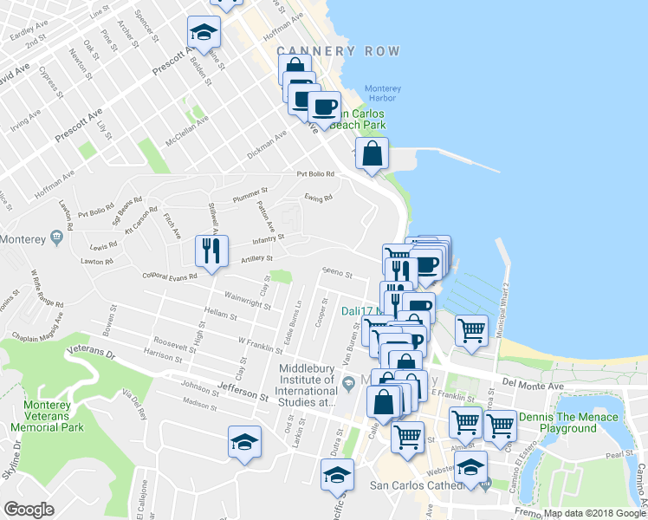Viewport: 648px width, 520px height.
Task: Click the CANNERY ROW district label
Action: (340, 52)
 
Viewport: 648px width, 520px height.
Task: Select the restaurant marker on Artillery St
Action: (211, 251)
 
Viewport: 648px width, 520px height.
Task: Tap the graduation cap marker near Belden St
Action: (204, 33)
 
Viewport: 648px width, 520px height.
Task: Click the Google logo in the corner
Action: (29, 510)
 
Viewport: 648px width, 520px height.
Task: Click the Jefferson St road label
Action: (243, 392)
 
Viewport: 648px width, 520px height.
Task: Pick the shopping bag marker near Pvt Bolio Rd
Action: (372, 155)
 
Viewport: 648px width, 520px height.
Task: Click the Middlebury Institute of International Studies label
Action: (307, 385)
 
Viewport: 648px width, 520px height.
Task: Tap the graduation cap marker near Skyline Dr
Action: (245, 443)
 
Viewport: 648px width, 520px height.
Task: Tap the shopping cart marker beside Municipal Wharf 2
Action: (470, 330)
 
